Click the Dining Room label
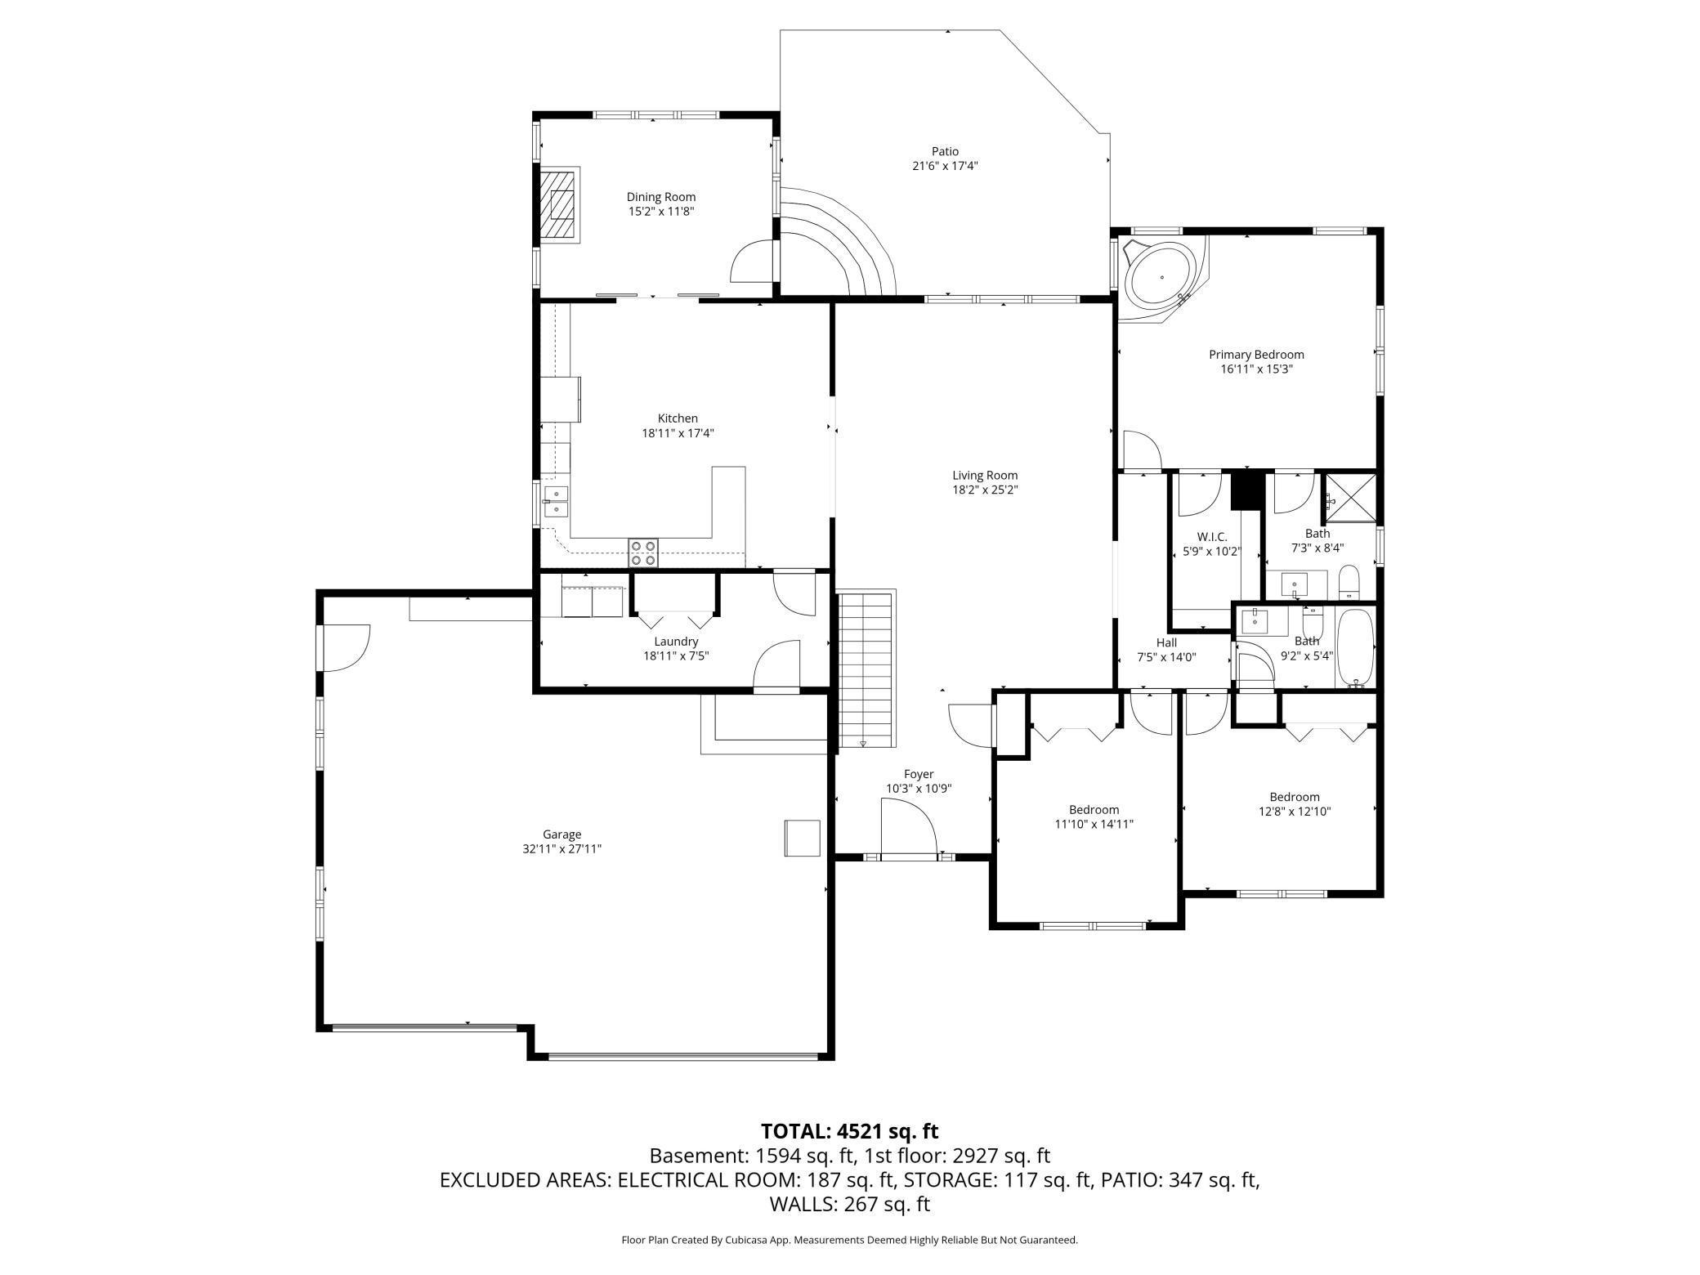pyautogui.click(x=661, y=196)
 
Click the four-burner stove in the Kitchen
pyautogui.click(x=643, y=552)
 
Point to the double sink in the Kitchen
pyautogui.click(x=557, y=501)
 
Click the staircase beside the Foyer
pyautogui.click(x=866, y=668)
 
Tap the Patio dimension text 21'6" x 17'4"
pyautogui.click(x=945, y=166)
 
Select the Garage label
pyautogui.click(x=562, y=834)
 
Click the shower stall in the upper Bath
pyautogui.click(x=1349, y=497)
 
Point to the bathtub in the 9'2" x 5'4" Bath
pyautogui.click(x=1357, y=647)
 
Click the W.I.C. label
pyautogui.click(x=1212, y=537)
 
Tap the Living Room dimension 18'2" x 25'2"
pyautogui.click(x=985, y=490)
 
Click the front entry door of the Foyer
pyautogui.click(x=909, y=827)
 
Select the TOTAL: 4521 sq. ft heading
pyautogui.click(x=850, y=1131)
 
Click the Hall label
pyautogui.click(x=1166, y=643)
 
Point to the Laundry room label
pyautogui.click(x=676, y=642)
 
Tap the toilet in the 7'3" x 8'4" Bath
pyautogui.click(x=1349, y=581)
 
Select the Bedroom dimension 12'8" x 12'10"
pyautogui.click(x=1295, y=812)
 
